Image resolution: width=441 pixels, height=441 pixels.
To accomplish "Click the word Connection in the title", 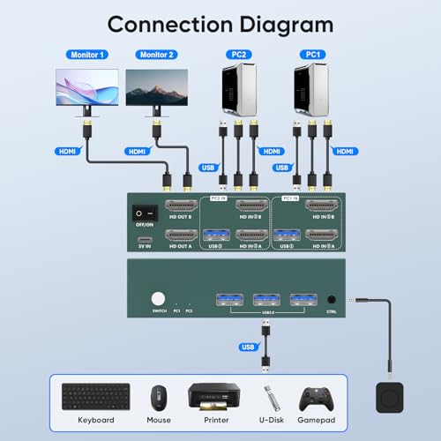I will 167,23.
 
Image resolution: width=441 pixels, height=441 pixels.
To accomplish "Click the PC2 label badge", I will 237,55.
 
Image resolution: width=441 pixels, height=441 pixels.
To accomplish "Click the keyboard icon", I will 95,397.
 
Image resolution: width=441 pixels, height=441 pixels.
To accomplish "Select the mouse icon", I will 159,397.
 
